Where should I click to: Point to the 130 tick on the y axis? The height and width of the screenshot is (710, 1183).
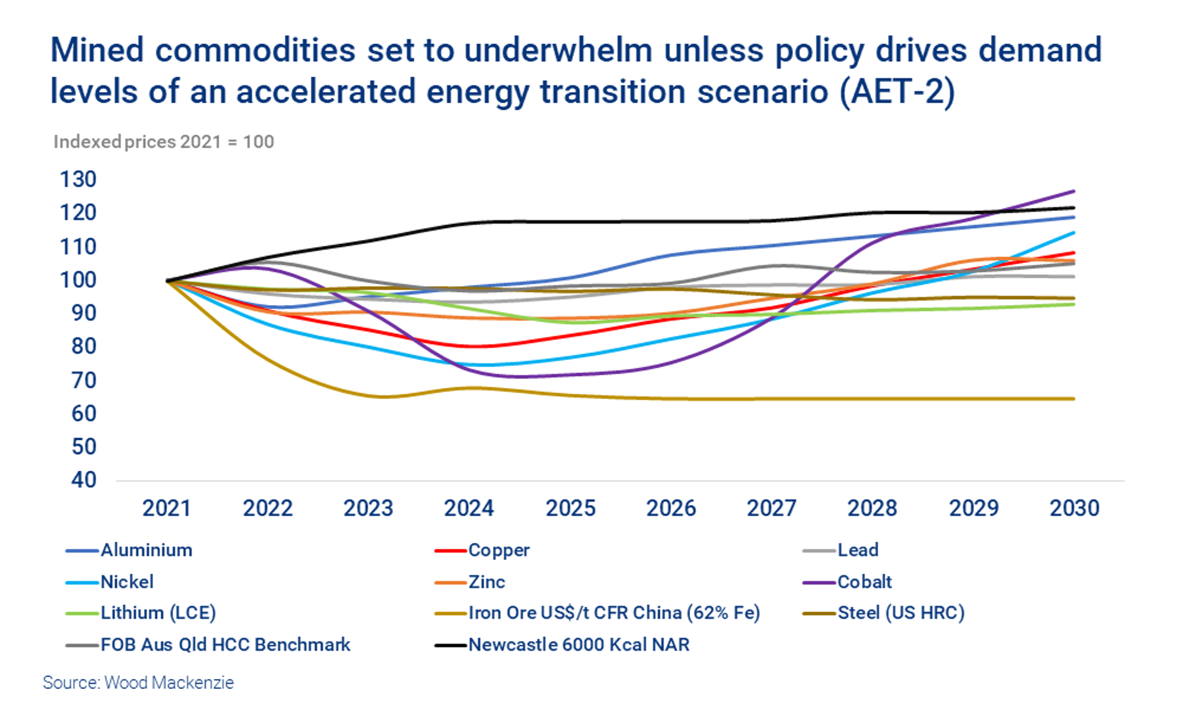[x=78, y=179]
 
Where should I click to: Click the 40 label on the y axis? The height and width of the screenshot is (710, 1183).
[x=83, y=480]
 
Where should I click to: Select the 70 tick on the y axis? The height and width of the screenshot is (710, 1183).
[x=83, y=380]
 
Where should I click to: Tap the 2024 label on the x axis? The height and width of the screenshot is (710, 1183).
[x=469, y=508]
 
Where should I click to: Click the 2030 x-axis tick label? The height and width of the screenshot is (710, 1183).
[x=1074, y=508]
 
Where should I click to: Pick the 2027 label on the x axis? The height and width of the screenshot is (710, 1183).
[x=771, y=508]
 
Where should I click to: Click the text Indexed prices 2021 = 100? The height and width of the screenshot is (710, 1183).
[x=163, y=142]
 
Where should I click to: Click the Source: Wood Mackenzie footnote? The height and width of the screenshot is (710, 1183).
[x=138, y=682]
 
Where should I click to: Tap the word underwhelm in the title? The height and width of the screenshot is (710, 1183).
[x=558, y=51]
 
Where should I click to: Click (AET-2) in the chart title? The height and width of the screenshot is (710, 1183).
[x=896, y=91]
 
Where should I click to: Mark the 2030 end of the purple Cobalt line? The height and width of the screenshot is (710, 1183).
[x=1073, y=191]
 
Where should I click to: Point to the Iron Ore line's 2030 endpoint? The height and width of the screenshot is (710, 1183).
[x=1073, y=398]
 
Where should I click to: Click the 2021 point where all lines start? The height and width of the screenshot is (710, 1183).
[x=168, y=281]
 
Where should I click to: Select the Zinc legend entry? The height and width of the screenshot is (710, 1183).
[x=486, y=582]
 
